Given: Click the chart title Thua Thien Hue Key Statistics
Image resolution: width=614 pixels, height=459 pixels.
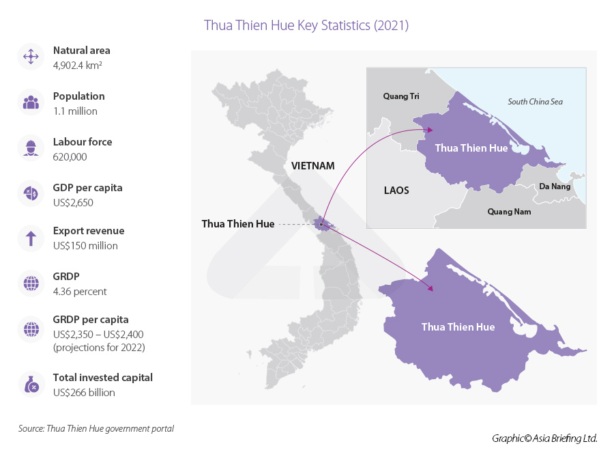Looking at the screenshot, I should [306, 26].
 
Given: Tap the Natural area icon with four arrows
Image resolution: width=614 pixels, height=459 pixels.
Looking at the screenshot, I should [30, 57].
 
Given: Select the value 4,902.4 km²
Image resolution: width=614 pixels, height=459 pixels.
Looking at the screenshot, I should [77, 66].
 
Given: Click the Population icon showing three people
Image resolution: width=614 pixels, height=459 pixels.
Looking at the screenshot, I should [30, 102].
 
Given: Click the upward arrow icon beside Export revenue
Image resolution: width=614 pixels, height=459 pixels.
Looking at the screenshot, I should [30, 238].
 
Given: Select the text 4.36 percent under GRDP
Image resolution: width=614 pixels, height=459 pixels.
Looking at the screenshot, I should [80, 292].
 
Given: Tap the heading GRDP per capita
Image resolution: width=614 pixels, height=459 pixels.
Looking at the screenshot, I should [90, 320].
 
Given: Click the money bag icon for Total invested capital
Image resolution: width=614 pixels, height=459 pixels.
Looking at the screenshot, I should [30, 385].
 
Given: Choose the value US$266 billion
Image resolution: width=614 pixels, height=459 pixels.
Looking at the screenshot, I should [84, 393].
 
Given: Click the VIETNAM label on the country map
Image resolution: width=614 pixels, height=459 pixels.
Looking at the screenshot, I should [312, 166].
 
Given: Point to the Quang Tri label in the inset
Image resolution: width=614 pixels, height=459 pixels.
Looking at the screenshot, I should [401, 96].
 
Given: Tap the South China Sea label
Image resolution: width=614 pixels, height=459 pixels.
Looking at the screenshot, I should [535, 102].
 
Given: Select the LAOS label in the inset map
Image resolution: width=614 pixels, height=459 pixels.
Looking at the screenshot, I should [396, 191].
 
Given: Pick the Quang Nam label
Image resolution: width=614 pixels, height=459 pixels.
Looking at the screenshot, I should [508, 212].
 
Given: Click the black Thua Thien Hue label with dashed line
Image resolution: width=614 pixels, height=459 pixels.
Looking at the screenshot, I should [237, 224].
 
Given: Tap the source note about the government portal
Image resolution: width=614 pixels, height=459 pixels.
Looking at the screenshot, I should [96, 429].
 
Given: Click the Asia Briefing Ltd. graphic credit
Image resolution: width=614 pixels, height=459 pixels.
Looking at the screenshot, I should [544, 439].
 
